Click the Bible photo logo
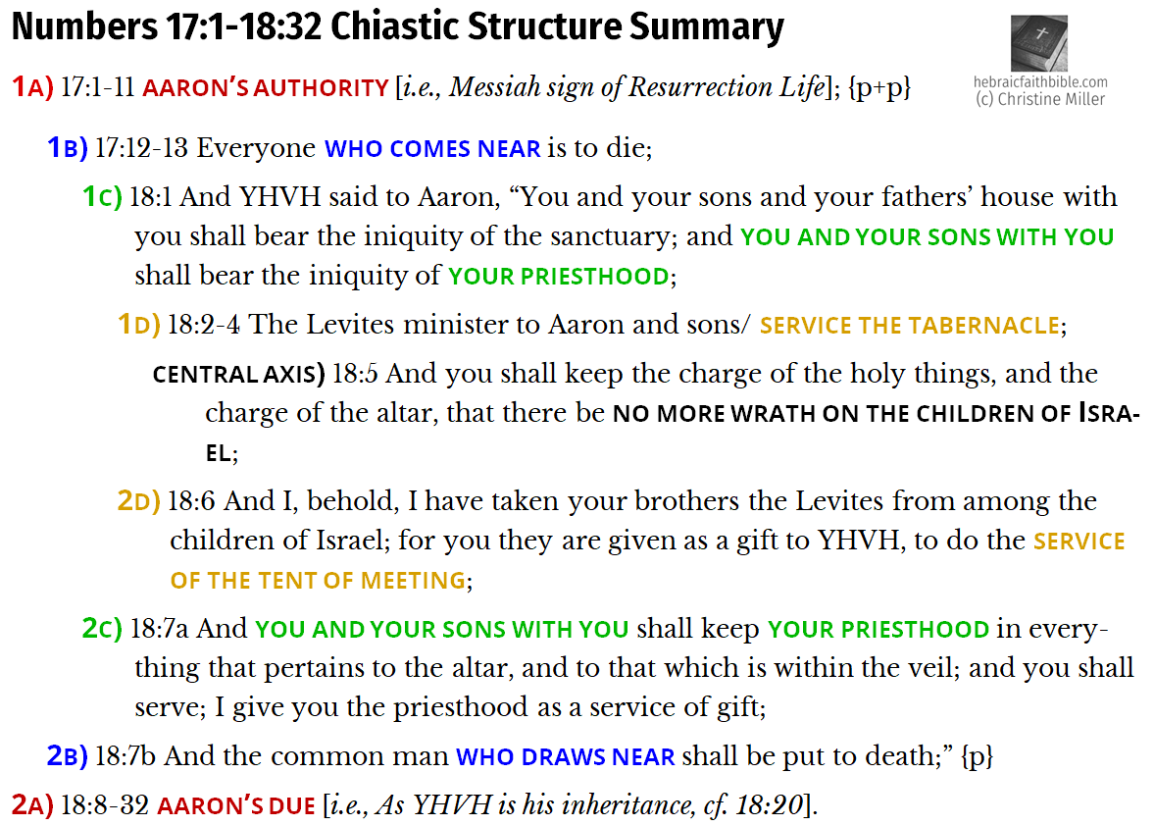1040,43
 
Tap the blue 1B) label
68,149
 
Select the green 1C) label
102,197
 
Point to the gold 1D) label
138,324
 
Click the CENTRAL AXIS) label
238,374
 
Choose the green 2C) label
103,629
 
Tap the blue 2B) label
68,756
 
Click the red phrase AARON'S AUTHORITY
266,88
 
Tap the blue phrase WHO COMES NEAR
432,149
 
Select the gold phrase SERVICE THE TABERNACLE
909,325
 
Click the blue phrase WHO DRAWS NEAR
566,757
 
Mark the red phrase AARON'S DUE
234,806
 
